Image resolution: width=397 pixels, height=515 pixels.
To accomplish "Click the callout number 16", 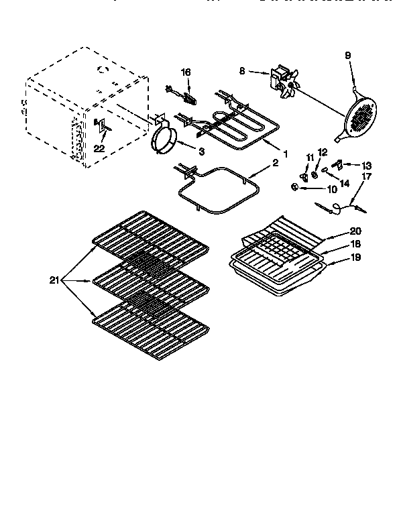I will point(186,72).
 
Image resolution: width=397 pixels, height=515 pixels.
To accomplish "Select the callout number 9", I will point(348,55).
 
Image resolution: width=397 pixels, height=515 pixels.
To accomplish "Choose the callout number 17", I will point(367,177).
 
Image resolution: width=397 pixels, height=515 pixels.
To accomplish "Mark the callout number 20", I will point(354,230).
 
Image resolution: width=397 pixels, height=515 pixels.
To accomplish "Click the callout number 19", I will point(355,257).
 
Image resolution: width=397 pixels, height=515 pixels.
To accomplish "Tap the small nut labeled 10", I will point(295,186).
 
